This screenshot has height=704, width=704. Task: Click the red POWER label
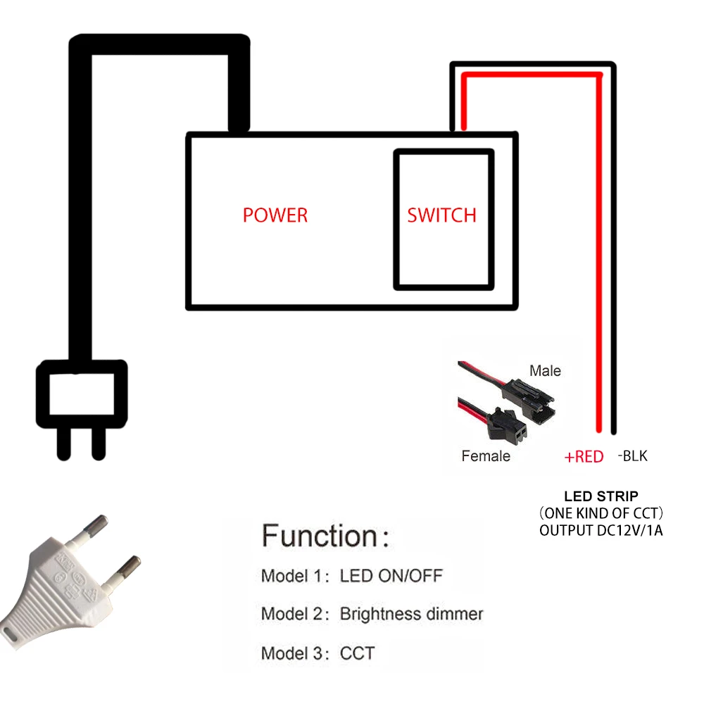click(x=275, y=215)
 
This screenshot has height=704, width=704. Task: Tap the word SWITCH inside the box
click(x=441, y=215)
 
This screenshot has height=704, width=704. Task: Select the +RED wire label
click(x=584, y=457)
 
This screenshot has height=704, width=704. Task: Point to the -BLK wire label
click(x=632, y=456)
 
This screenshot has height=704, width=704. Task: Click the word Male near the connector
click(x=546, y=370)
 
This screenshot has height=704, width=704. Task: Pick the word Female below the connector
click(x=486, y=456)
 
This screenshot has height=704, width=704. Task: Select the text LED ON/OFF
click(x=391, y=576)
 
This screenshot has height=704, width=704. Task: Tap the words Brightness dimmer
click(x=411, y=614)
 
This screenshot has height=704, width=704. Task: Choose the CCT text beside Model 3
click(x=357, y=653)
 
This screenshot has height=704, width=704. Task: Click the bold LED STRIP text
click(x=601, y=496)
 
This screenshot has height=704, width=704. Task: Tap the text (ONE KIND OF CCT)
click(x=601, y=513)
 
